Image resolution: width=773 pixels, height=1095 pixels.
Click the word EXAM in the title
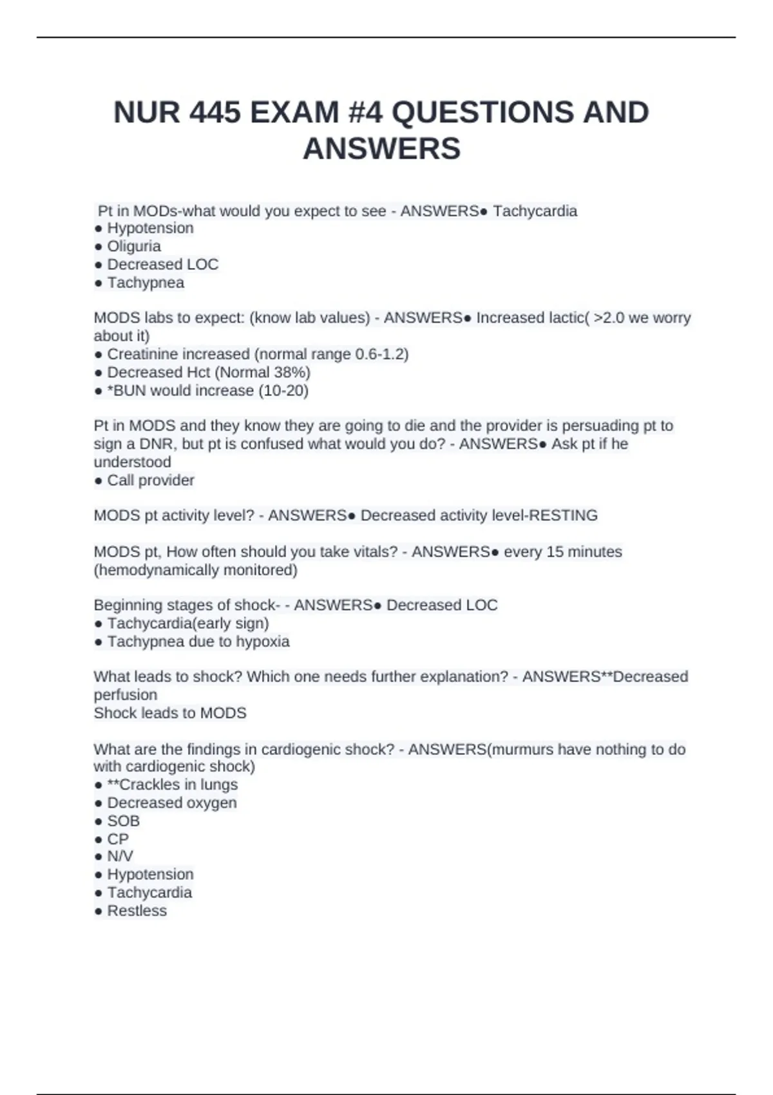tap(294, 113)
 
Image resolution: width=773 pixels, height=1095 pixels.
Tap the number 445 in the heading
tap(216, 113)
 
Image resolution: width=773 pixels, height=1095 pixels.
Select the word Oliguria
tap(134, 246)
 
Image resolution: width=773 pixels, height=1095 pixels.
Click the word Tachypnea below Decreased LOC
tap(146, 283)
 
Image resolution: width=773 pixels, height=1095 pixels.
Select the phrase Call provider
tap(151, 480)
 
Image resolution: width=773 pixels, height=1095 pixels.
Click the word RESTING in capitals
tap(563, 515)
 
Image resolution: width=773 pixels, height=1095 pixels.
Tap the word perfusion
tap(126, 695)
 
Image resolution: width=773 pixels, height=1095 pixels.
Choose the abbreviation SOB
tap(123, 821)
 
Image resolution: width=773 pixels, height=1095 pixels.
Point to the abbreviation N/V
tap(120, 856)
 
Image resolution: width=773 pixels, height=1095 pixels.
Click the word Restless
tap(137, 911)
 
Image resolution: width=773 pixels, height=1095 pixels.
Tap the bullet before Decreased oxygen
tap(98, 803)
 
